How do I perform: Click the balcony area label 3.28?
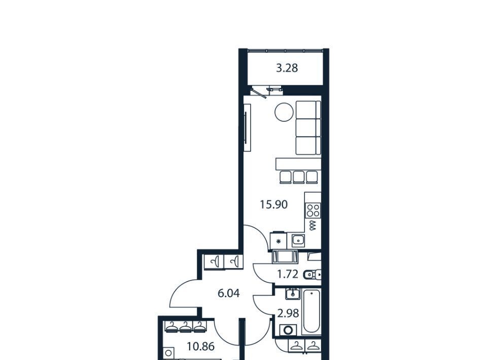(x=287, y=68)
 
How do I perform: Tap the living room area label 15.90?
(x=273, y=204)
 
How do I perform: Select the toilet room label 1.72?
(x=287, y=274)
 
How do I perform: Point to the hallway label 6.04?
(x=229, y=293)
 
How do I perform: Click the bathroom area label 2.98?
(x=288, y=313)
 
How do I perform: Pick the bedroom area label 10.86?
(x=201, y=346)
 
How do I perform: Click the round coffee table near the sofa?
(x=284, y=112)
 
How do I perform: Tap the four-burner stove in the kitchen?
(x=313, y=210)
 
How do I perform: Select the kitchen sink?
(x=298, y=240)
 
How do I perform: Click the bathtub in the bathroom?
(x=311, y=311)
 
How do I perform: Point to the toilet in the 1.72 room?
(x=311, y=275)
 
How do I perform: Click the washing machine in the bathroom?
(x=288, y=330)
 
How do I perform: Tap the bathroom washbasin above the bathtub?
(x=293, y=293)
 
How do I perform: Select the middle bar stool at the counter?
(x=299, y=177)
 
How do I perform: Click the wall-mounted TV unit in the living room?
(x=247, y=128)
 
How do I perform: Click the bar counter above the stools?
(x=298, y=164)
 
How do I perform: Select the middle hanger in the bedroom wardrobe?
(x=186, y=327)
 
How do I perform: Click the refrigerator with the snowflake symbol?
(x=278, y=240)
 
